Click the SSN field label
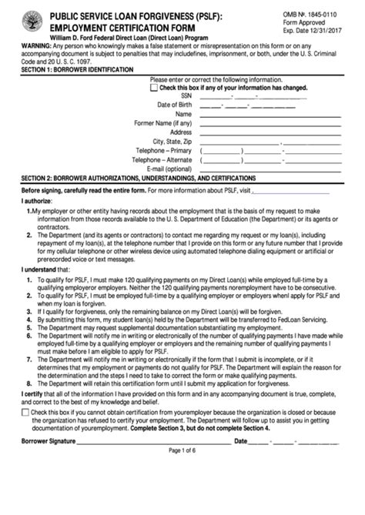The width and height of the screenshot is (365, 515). click(186, 95)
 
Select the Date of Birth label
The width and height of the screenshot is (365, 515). click(175, 105)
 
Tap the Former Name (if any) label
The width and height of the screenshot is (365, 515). click(163, 123)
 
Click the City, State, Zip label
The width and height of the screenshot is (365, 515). click(172, 142)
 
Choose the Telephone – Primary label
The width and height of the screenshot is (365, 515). click(164, 151)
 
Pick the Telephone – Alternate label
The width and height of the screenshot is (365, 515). click(163, 160)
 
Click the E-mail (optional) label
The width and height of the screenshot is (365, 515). click(169, 169)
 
